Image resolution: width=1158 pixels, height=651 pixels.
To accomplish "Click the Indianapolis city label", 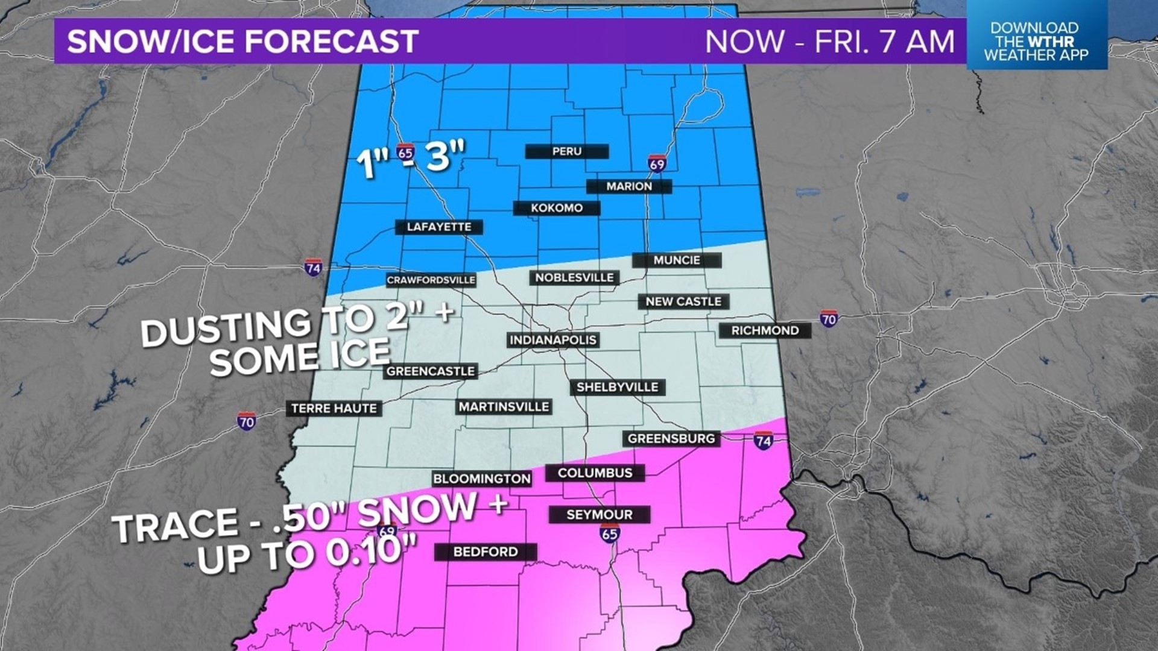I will pyautogui.click(x=552, y=340).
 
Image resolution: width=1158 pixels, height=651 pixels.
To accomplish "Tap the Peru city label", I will pyautogui.click(x=566, y=151).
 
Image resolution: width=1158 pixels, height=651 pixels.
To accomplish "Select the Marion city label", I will pyautogui.click(x=629, y=186).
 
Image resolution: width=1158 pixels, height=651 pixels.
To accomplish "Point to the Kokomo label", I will pyautogui.click(x=556, y=208).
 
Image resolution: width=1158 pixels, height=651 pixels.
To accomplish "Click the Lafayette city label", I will pyautogui.click(x=438, y=227).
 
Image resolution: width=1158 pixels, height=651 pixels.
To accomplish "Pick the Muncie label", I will pyautogui.click(x=677, y=260).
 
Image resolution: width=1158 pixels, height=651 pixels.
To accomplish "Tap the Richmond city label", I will pyautogui.click(x=765, y=330).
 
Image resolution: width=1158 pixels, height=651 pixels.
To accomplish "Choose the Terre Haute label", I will pyautogui.click(x=334, y=409).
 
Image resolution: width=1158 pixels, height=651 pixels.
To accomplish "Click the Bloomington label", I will pyautogui.click(x=481, y=479).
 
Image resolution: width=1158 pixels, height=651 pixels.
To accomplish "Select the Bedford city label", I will pyautogui.click(x=485, y=552).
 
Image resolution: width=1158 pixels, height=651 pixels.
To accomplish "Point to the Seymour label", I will pyautogui.click(x=599, y=515).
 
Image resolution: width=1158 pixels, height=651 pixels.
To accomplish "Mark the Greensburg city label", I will pyautogui.click(x=671, y=439).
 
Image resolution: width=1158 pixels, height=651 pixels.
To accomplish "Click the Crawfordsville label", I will pyautogui.click(x=431, y=280).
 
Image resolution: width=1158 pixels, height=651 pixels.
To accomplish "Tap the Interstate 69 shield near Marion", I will pyautogui.click(x=657, y=163).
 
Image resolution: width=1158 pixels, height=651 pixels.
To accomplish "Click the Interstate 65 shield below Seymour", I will pyautogui.click(x=610, y=533).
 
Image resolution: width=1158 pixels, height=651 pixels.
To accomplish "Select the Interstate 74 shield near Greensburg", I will pyautogui.click(x=763, y=441).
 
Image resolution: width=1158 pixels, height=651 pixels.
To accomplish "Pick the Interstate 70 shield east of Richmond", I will pyautogui.click(x=829, y=318).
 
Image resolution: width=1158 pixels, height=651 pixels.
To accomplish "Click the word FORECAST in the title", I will pyautogui.click(x=331, y=41).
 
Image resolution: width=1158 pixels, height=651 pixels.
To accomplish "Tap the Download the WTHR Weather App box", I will pyautogui.click(x=1036, y=41).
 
